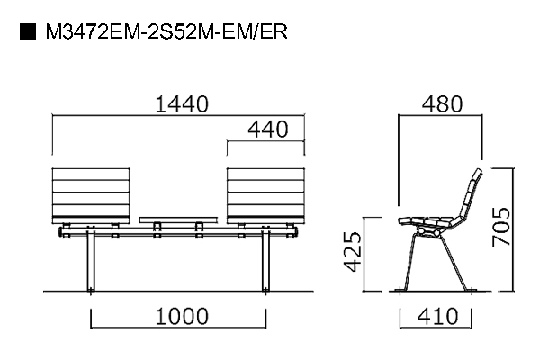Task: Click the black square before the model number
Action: pyautogui.click(x=28, y=31)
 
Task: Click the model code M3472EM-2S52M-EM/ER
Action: pyautogui.click(x=166, y=31)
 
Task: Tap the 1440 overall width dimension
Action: pyautogui.click(x=182, y=104)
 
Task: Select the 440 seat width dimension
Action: pyautogui.click(x=267, y=130)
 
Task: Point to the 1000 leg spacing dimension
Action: pyautogui.click(x=182, y=316)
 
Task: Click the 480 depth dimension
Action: pyautogui.click(x=442, y=104)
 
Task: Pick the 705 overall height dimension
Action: pyautogui.click(x=501, y=227)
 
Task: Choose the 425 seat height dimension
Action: pyautogui.click(x=353, y=251)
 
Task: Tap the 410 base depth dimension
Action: pyautogui.click(x=438, y=316)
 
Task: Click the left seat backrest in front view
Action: pyautogui.click(x=91, y=195)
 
